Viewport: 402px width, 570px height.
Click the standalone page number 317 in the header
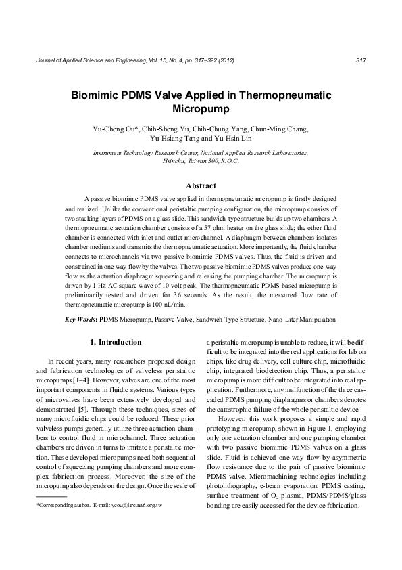pos(360,61)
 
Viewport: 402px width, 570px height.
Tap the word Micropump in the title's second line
pos(201,108)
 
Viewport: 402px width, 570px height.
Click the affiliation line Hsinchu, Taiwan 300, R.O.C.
pos(201,162)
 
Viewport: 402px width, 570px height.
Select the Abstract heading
pos(201,185)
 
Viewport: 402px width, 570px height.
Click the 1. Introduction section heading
pos(116,343)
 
